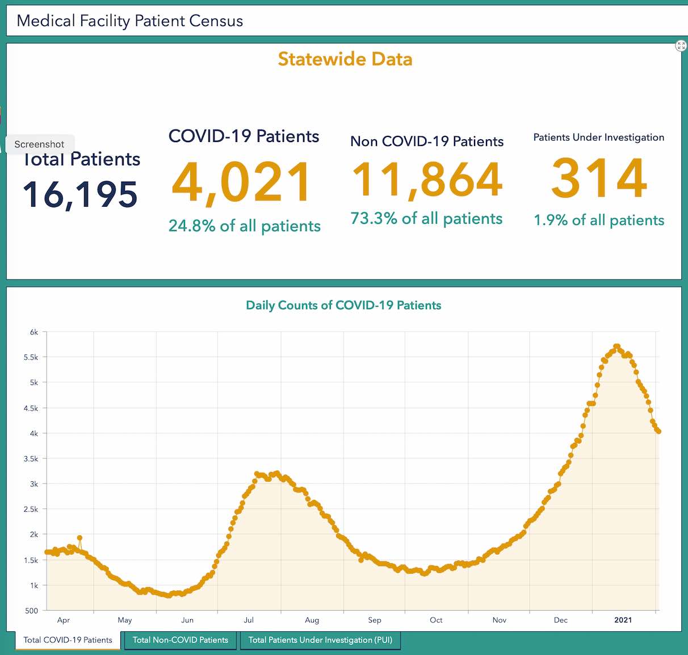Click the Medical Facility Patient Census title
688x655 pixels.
(130, 21)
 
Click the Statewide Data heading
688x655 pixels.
(345, 59)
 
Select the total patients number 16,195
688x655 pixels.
(80, 194)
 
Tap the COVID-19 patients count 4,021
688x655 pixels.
(242, 182)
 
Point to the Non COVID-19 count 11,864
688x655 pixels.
(427, 180)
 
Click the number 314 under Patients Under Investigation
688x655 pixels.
(599, 178)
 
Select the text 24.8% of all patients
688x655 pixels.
(244, 226)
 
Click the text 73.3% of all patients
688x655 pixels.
(426, 219)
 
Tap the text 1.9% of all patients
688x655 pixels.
(599, 220)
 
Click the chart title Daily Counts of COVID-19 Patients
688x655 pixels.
(343, 306)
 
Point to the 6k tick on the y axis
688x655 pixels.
(34, 332)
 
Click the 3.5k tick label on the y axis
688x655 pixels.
(31, 459)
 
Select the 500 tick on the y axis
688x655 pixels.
(31, 611)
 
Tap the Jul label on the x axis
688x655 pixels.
(249, 620)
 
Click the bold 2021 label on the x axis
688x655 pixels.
(623, 620)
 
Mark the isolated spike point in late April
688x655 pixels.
(79, 537)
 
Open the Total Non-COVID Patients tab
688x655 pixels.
(181, 640)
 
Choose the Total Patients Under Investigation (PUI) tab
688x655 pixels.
(320, 640)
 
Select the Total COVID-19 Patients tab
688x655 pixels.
(68, 640)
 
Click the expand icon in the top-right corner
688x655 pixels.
(681, 46)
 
